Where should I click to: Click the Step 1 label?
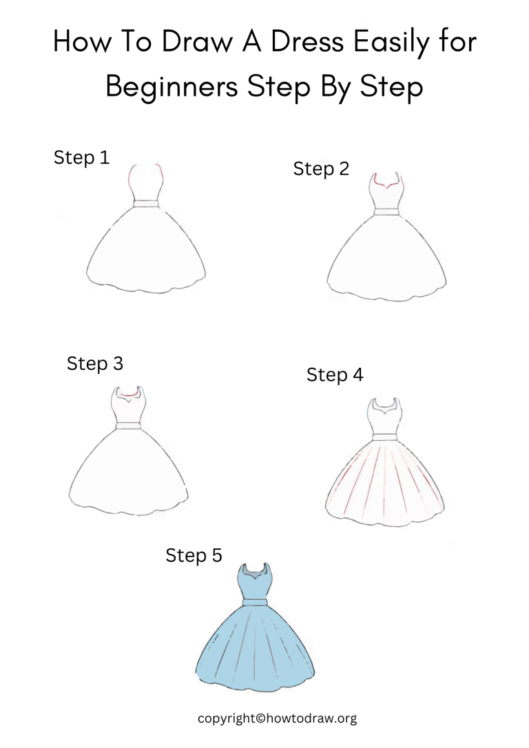(x=81, y=158)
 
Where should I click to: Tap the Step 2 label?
(x=321, y=169)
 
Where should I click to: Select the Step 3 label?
(x=95, y=363)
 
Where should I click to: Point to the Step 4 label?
(x=335, y=375)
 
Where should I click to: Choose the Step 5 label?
(x=194, y=555)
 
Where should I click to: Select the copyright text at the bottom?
(x=277, y=718)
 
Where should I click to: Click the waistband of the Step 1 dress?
(x=145, y=203)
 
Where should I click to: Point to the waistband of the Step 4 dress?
(x=385, y=437)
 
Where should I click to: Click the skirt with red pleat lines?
(x=385, y=482)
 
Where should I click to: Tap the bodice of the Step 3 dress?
(x=128, y=411)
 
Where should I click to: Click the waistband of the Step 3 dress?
(x=128, y=426)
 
